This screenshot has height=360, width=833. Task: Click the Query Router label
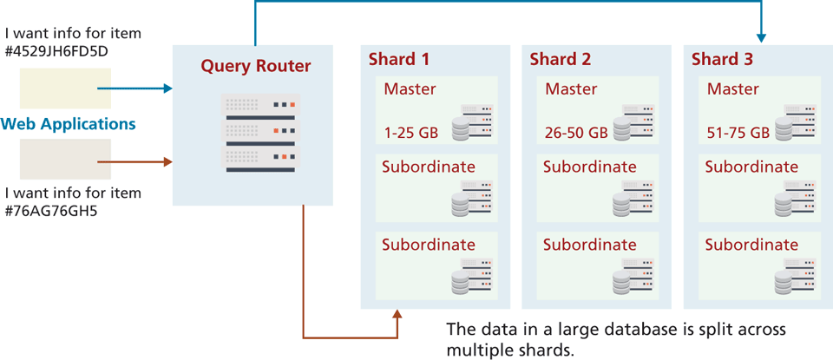click(x=255, y=66)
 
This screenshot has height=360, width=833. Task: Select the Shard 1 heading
click(x=398, y=60)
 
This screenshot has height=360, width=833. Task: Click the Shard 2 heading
click(x=560, y=60)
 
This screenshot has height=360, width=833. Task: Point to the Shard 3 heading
click(x=721, y=60)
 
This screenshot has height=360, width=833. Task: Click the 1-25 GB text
click(x=410, y=133)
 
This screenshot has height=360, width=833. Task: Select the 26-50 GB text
click(x=575, y=133)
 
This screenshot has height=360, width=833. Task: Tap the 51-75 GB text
click(x=738, y=133)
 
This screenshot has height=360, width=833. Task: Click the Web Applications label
click(x=69, y=124)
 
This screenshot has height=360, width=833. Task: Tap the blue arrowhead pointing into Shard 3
click(x=761, y=37)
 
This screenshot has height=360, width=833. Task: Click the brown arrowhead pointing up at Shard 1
click(x=397, y=315)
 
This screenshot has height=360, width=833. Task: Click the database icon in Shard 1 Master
click(x=470, y=123)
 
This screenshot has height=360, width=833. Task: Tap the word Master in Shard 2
click(x=572, y=89)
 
